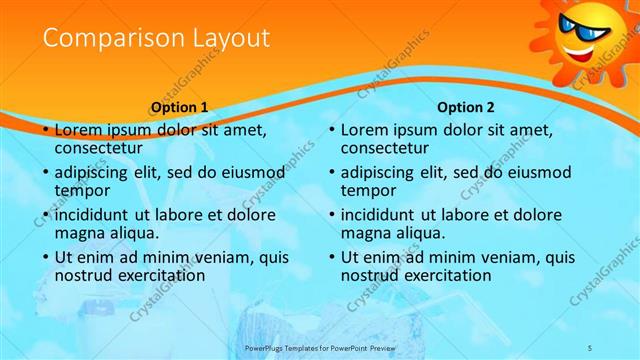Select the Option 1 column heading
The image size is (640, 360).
point(180,107)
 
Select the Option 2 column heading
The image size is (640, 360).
point(466,107)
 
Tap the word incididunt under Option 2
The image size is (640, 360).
point(388,215)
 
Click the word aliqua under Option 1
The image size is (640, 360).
point(131,233)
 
